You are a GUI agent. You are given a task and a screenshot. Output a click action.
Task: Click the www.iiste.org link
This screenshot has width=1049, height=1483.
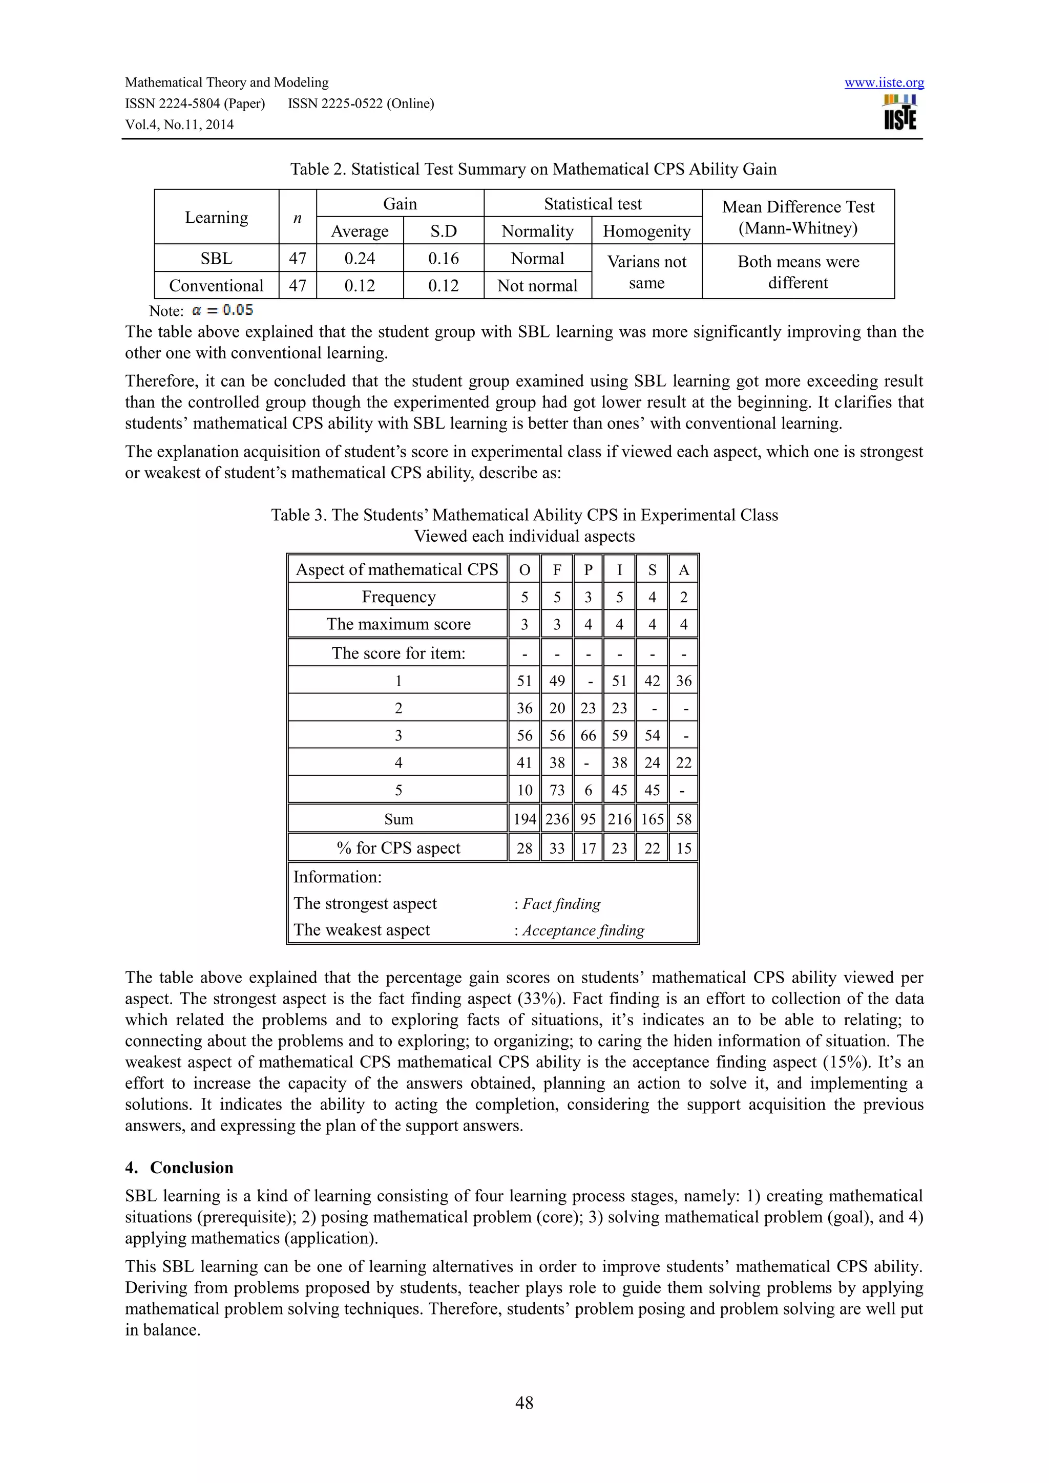tap(884, 82)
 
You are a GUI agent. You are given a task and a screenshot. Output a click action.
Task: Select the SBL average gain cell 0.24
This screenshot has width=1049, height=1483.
tap(359, 259)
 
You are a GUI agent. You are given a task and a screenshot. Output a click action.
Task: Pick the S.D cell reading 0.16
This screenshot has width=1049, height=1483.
tap(443, 259)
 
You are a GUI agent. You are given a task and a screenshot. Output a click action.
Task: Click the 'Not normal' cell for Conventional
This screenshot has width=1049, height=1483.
tap(537, 286)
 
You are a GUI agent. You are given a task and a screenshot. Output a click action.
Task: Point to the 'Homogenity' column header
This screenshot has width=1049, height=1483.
tap(646, 231)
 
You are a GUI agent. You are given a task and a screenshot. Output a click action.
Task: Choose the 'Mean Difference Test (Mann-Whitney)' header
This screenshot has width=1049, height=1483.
tap(798, 217)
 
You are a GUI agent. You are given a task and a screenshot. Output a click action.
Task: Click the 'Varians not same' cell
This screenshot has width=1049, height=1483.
tap(646, 272)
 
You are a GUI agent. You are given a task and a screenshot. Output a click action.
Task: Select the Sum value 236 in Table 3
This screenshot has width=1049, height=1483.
tap(556, 819)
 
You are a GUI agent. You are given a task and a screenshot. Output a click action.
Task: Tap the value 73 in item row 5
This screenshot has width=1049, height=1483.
tap(556, 790)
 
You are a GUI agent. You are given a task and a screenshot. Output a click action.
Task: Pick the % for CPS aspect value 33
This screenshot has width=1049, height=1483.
tap(556, 848)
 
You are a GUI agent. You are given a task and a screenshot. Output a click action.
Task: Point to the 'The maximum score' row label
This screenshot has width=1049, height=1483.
tap(398, 624)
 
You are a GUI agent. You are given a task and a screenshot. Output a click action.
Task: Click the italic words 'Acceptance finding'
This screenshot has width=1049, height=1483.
tap(583, 930)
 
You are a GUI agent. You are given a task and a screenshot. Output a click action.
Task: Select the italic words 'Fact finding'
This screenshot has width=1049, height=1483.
tap(561, 904)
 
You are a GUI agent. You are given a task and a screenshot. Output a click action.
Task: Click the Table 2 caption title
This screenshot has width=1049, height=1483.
tap(533, 169)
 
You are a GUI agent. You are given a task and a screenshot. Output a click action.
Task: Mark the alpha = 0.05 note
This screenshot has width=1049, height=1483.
tap(222, 310)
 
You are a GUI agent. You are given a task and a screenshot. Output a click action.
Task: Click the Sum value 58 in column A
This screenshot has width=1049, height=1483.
tap(683, 819)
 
